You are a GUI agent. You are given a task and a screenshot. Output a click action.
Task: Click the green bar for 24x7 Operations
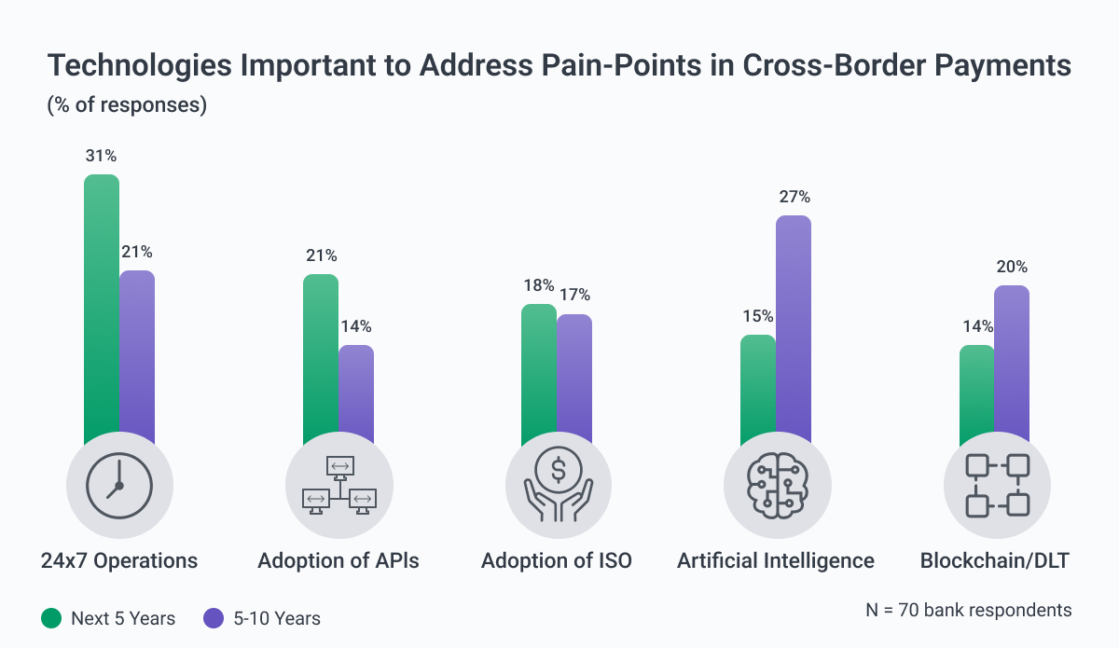[x=102, y=308]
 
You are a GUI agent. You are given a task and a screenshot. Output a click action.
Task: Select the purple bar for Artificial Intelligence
[x=794, y=326]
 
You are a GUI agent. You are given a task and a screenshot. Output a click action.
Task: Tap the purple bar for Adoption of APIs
[x=356, y=392]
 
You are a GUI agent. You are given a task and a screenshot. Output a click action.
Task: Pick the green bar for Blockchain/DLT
[x=976, y=392]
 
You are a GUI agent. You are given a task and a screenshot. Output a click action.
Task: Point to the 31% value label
[x=101, y=157]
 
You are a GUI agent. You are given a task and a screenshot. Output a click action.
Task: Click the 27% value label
[x=794, y=198]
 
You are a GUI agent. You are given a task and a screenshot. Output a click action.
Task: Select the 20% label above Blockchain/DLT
[x=1012, y=268]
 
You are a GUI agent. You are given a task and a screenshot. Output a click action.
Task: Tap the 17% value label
[x=574, y=296]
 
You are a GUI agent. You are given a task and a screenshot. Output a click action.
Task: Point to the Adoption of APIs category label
[x=338, y=560]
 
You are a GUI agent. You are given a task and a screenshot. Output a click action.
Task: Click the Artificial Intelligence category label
[x=776, y=560]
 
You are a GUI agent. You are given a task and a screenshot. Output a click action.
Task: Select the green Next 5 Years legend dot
[x=52, y=618]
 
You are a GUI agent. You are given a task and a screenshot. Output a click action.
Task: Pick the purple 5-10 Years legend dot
[x=214, y=618]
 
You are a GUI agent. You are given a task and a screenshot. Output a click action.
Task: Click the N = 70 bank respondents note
[x=969, y=611]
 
